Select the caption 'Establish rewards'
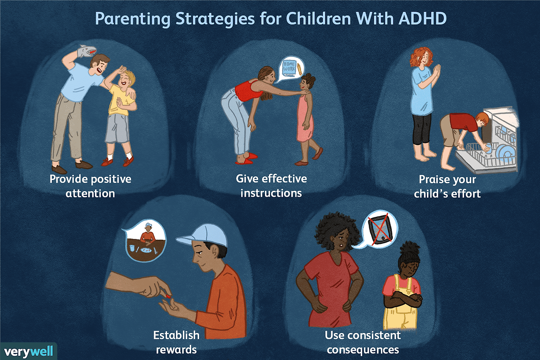coord(176,342)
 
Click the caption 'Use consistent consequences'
coord(363,342)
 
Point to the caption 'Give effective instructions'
coord(271,186)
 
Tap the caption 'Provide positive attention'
coord(90,186)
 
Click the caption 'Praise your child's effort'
coord(447,186)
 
